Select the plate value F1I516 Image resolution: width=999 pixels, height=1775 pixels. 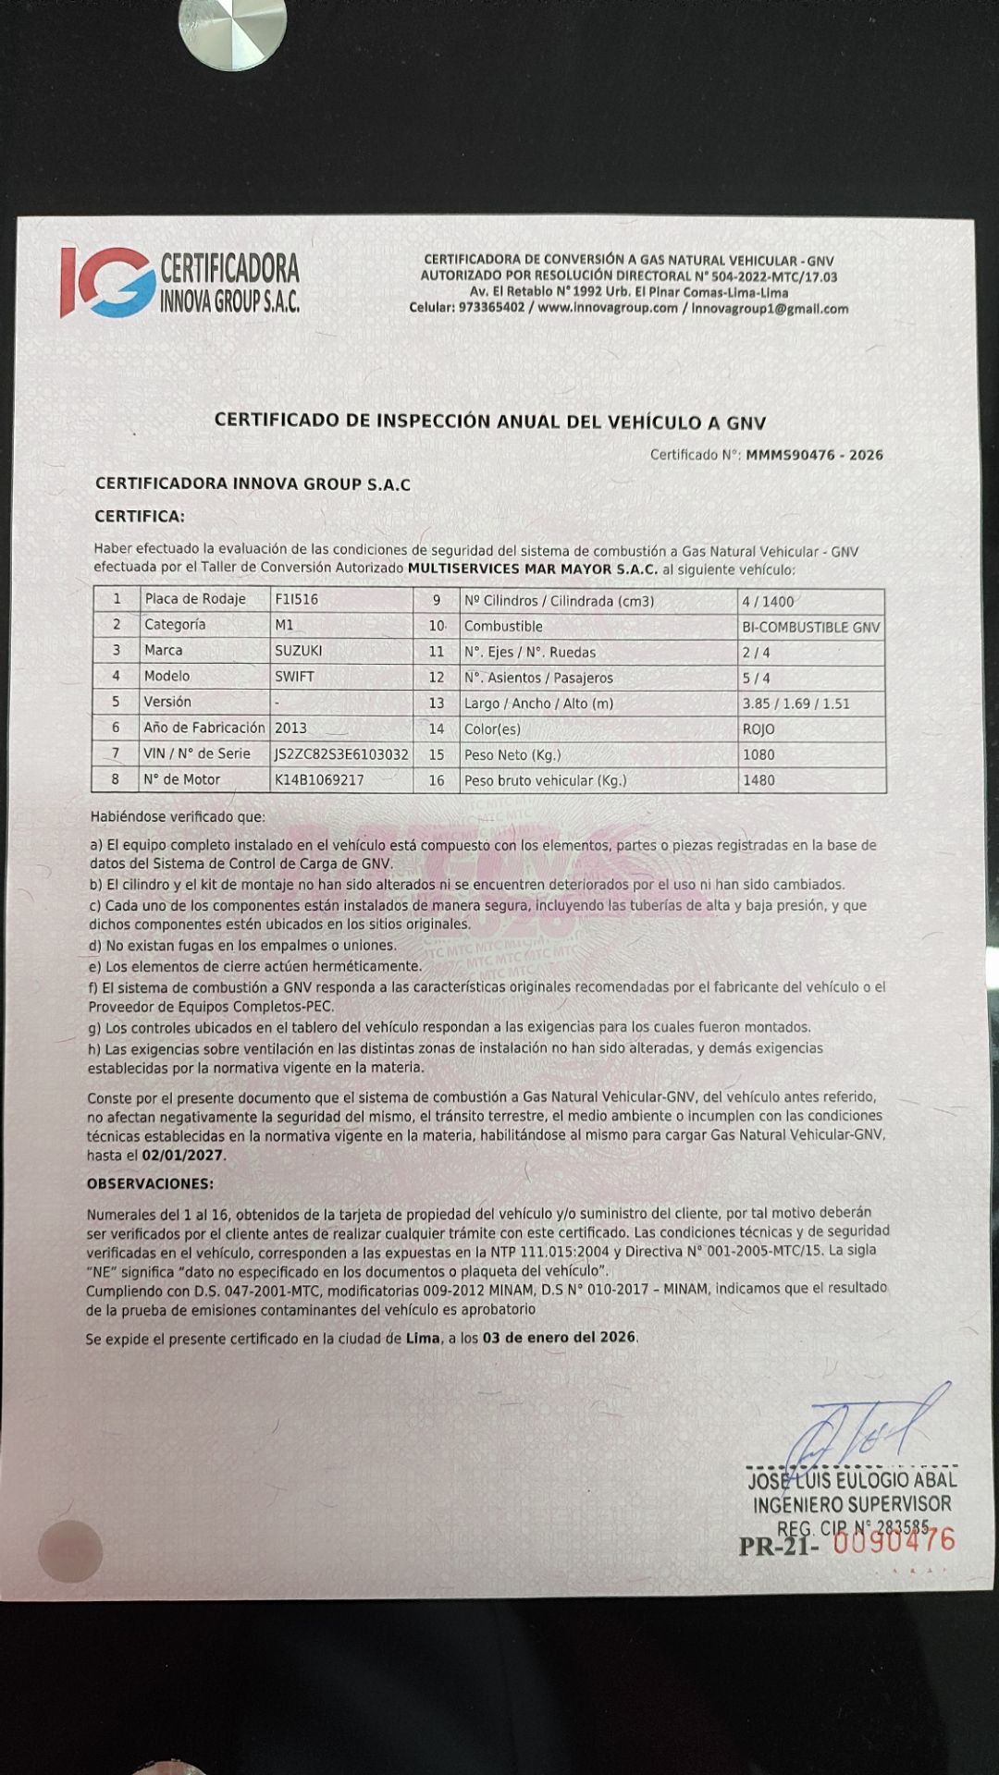point(297,599)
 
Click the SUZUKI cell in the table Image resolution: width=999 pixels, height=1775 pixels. point(299,651)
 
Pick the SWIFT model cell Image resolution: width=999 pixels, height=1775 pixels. point(295,677)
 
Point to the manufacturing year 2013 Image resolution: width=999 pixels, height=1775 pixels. point(290,728)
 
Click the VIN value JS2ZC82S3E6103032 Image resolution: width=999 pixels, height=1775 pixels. point(341,754)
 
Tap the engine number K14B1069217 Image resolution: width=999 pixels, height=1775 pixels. point(319,780)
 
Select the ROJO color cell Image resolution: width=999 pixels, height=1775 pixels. point(758,729)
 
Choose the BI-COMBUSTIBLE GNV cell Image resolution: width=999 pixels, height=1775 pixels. point(811,628)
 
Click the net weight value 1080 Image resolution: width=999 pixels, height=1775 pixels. point(758,755)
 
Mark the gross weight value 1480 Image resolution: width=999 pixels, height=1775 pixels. point(758,781)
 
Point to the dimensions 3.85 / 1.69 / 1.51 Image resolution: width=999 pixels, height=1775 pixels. point(796,704)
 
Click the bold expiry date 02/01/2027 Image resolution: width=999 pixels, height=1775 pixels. point(184,1156)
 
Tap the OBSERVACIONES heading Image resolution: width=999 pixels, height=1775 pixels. point(150,1184)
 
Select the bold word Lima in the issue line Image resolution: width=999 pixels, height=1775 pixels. point(423,1338)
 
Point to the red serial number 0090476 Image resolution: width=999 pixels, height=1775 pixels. point(894,1541)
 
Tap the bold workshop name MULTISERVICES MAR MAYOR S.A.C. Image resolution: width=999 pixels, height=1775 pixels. point(533,569)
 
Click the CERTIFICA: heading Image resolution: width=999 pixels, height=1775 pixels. point(140,516)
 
